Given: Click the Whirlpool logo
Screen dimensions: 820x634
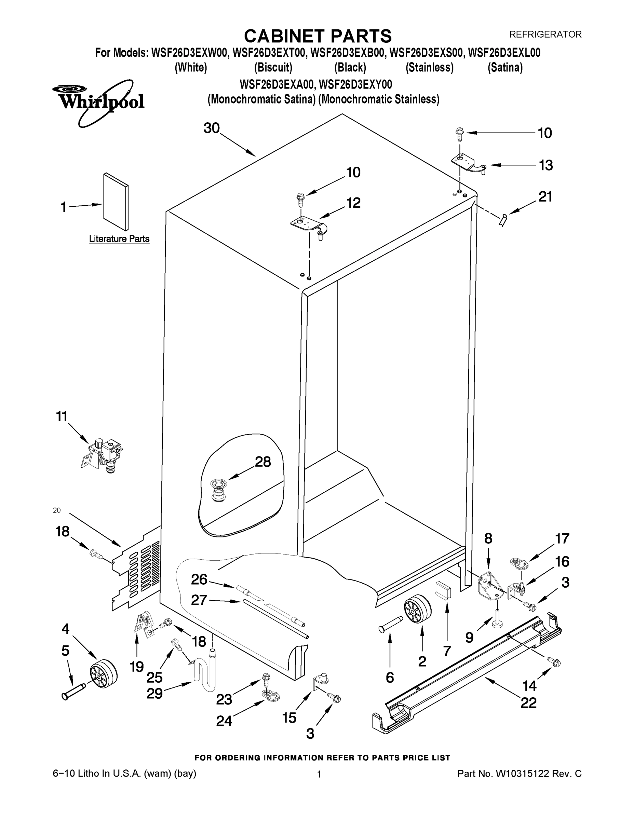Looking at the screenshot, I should pyautogui.click(x=98, y=102).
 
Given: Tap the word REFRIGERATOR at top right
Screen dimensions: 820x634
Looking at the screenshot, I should pyautogui.click(x=545, y=35).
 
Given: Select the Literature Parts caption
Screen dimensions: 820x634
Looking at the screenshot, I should pyautogui.click(x=119, y=239).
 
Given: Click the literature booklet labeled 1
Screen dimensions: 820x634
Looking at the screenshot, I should pyautogui.click(x=116, y=202).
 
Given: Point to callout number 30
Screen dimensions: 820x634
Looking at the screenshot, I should pyautogui.click(x=212, y=128).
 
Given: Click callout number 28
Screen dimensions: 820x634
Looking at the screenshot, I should pyautogui.click(x=262, y=462).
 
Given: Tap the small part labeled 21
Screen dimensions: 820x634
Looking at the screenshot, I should pyautogui.click(x=502, y=219).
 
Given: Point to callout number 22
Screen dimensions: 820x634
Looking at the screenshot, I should pyautogui.click(x=528, y=703).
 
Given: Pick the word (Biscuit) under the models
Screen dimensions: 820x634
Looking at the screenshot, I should pyautogui.click(x=273, y=68).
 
